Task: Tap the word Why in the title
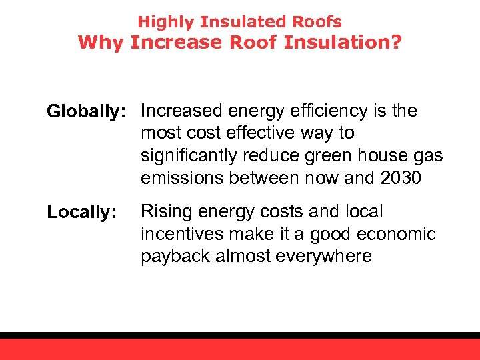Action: pos(101,43)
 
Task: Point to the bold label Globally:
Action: pos(89,111)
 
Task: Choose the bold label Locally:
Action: pos(81,213)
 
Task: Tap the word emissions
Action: pos(182,179)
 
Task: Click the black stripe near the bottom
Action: pos(240,335)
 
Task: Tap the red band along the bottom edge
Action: pos(240,349)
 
